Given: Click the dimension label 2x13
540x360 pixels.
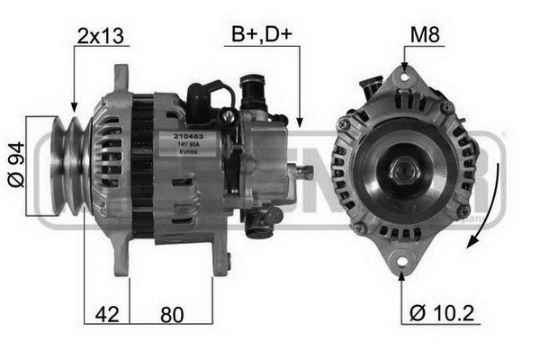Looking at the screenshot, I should pos(100,36).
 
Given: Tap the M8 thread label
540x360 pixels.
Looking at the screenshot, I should pos(426,36).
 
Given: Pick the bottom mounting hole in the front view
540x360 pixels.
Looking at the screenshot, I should pos(402,262).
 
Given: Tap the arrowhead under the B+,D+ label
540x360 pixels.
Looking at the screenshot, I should pos(298,121).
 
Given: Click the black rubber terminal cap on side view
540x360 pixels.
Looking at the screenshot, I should pos(201,93).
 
